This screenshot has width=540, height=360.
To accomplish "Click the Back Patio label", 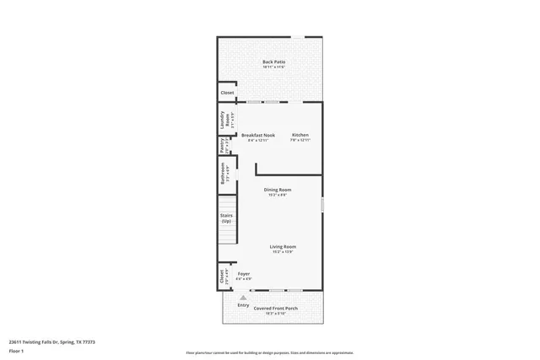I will [x=273, y=62].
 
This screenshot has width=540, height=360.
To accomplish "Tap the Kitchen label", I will [x=300, y=135].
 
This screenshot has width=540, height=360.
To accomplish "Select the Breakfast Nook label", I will [x=258, y=135].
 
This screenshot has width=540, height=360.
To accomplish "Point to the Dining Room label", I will [x=278, y=190].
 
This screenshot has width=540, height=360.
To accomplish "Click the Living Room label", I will [x=283, y=246].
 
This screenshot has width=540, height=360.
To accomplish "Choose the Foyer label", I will [x=243, y=273].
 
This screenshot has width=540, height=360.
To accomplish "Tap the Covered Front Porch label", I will [x=276, y=309].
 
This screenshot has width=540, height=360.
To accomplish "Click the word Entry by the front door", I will [x=243, y=305].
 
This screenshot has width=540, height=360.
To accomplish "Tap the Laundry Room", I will [x=224, y=119].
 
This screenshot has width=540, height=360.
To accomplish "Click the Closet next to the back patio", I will [x=227, y=93].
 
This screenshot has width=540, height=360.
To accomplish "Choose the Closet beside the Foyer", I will [x=223, y=275].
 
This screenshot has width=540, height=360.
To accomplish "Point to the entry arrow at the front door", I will [x=243, y=298].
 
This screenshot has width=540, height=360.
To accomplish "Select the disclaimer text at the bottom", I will [x=269, y=352].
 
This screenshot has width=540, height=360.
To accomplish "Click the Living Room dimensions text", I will [x=283, y=252].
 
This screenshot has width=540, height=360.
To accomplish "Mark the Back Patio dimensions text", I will [x=273, y=68].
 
